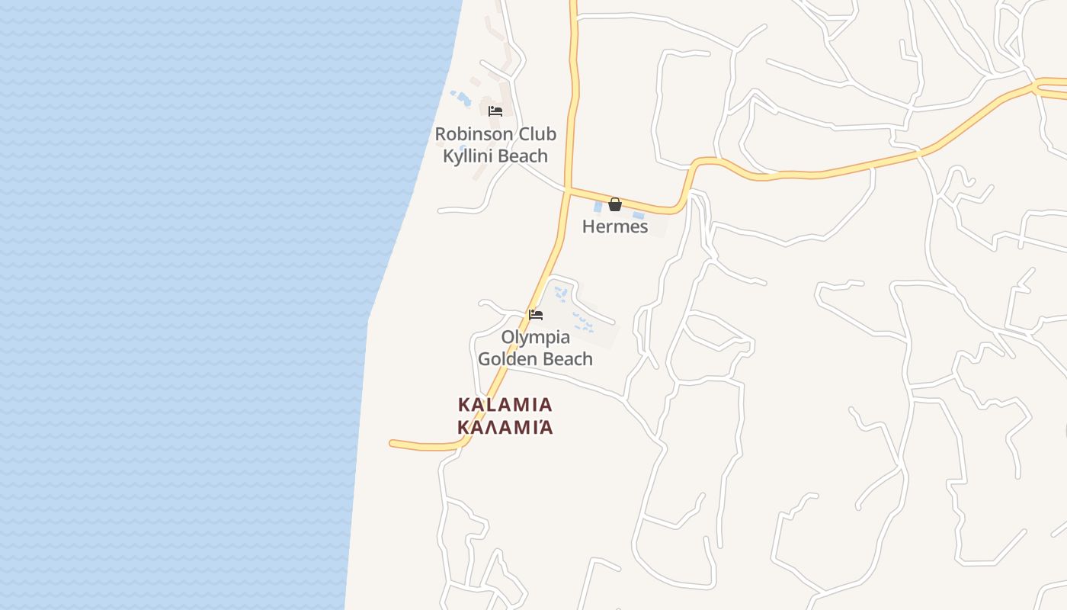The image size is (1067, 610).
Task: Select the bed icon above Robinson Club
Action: click(495, 111)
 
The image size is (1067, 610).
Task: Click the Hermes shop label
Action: click(615, 226)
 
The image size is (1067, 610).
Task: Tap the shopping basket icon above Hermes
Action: click(615, 204)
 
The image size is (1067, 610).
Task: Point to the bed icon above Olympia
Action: click(536, 314)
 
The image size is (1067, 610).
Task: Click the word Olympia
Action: click(536, 337)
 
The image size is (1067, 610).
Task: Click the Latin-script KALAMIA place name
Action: click(505, 404)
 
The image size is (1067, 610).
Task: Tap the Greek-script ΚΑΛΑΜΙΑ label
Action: click(505, 427)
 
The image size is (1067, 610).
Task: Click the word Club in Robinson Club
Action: click(537, 134)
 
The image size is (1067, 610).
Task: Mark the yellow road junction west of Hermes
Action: click(568, 189)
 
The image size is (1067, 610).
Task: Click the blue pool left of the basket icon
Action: click(598, 205)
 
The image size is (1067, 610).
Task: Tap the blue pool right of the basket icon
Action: click(638, 214)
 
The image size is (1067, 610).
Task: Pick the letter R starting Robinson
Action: click(441, 134)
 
